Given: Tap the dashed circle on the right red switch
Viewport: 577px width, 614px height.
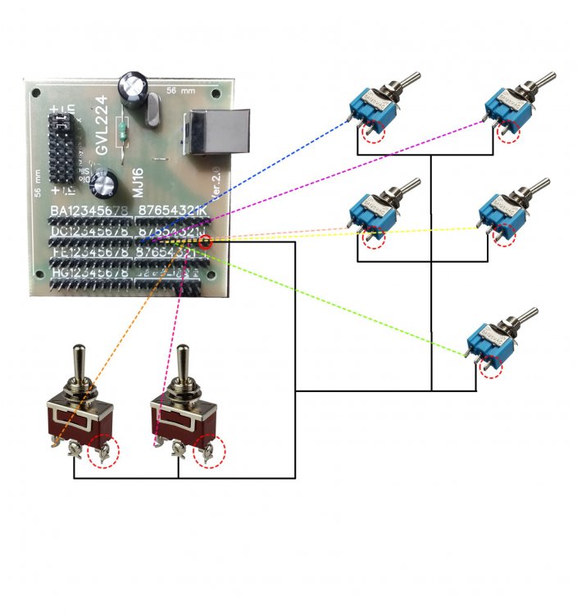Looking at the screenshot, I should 208,452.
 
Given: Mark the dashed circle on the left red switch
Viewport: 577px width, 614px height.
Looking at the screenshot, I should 103,452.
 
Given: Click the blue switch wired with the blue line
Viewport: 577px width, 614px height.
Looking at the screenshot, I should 373,106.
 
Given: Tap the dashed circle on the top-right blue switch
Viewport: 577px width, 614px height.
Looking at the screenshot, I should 509,131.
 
